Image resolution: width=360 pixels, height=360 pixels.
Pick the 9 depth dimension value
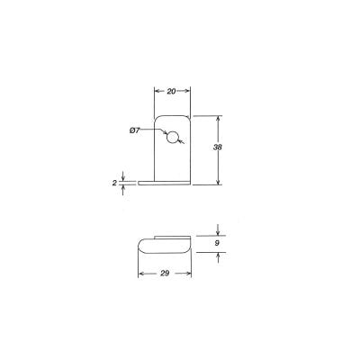coord(217,242)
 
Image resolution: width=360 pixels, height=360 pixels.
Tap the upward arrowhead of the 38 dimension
coord(217,119)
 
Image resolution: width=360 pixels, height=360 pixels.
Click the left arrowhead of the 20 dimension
coord(157,92)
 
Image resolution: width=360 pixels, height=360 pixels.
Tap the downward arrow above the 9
coord(217,230)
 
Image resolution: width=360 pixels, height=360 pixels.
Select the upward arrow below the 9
coord(217,256)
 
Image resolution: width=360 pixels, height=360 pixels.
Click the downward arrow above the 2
coord(123,175)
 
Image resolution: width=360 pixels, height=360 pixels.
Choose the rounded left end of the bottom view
coord(140,243)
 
